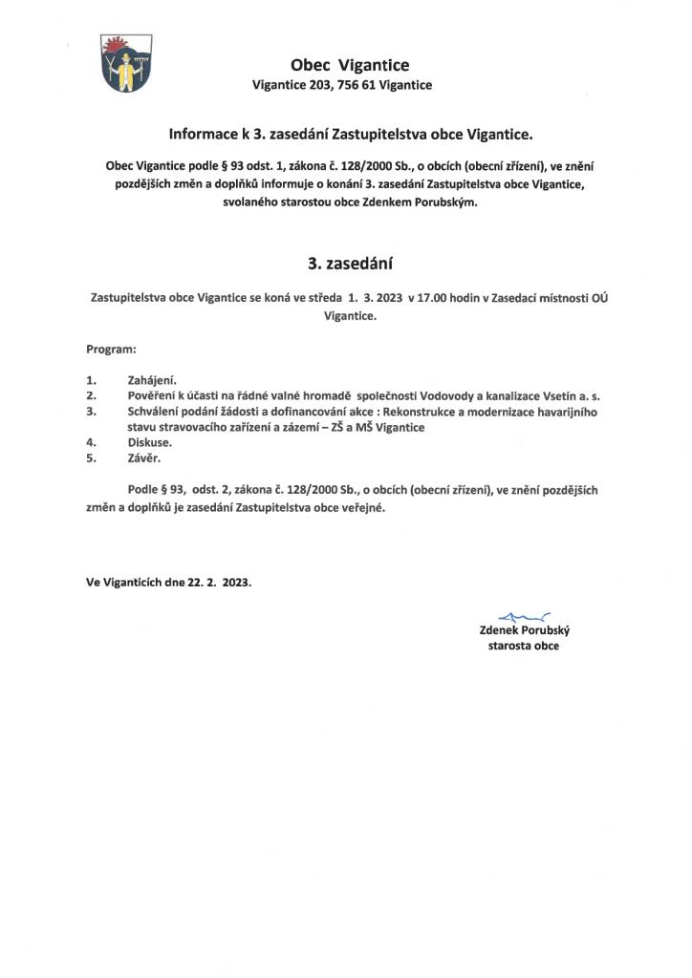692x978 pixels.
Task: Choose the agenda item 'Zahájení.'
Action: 145,379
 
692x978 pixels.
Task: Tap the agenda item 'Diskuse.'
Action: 143,443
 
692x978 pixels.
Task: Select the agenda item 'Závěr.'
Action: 140,458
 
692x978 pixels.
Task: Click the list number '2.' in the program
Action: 92,394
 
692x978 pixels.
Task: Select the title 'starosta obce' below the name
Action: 524,646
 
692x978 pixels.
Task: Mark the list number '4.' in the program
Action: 92,443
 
